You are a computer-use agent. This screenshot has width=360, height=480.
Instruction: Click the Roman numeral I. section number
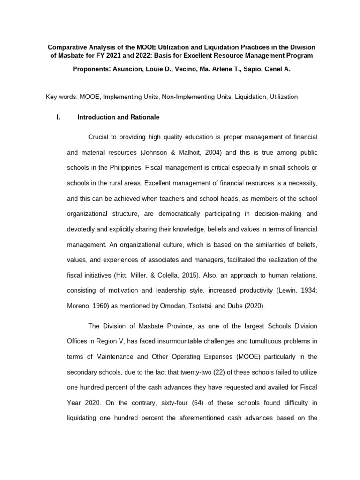(x=58, y=117)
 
